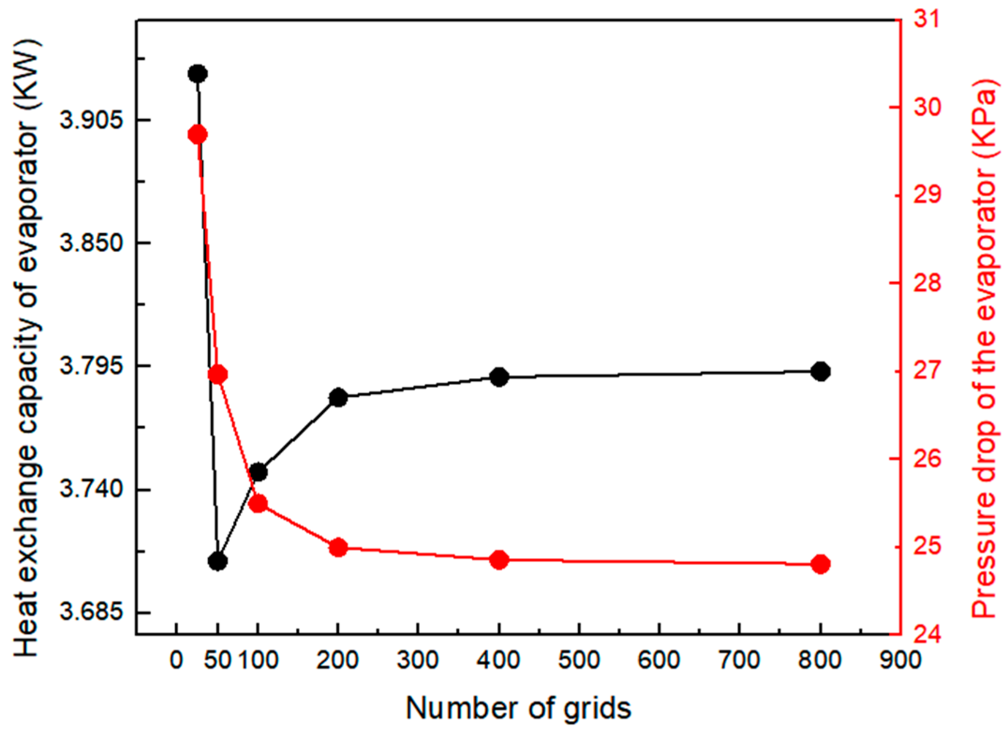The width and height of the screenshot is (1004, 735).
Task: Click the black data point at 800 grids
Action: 820,371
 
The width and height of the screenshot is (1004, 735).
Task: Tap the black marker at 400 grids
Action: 499,377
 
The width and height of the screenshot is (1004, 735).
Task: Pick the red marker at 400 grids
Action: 499,560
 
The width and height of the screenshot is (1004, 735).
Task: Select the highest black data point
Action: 198,73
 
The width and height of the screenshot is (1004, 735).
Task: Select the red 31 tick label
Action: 918,20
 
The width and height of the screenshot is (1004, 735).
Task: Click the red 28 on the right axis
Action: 918,283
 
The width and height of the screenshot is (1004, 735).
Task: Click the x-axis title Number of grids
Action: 518,708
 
